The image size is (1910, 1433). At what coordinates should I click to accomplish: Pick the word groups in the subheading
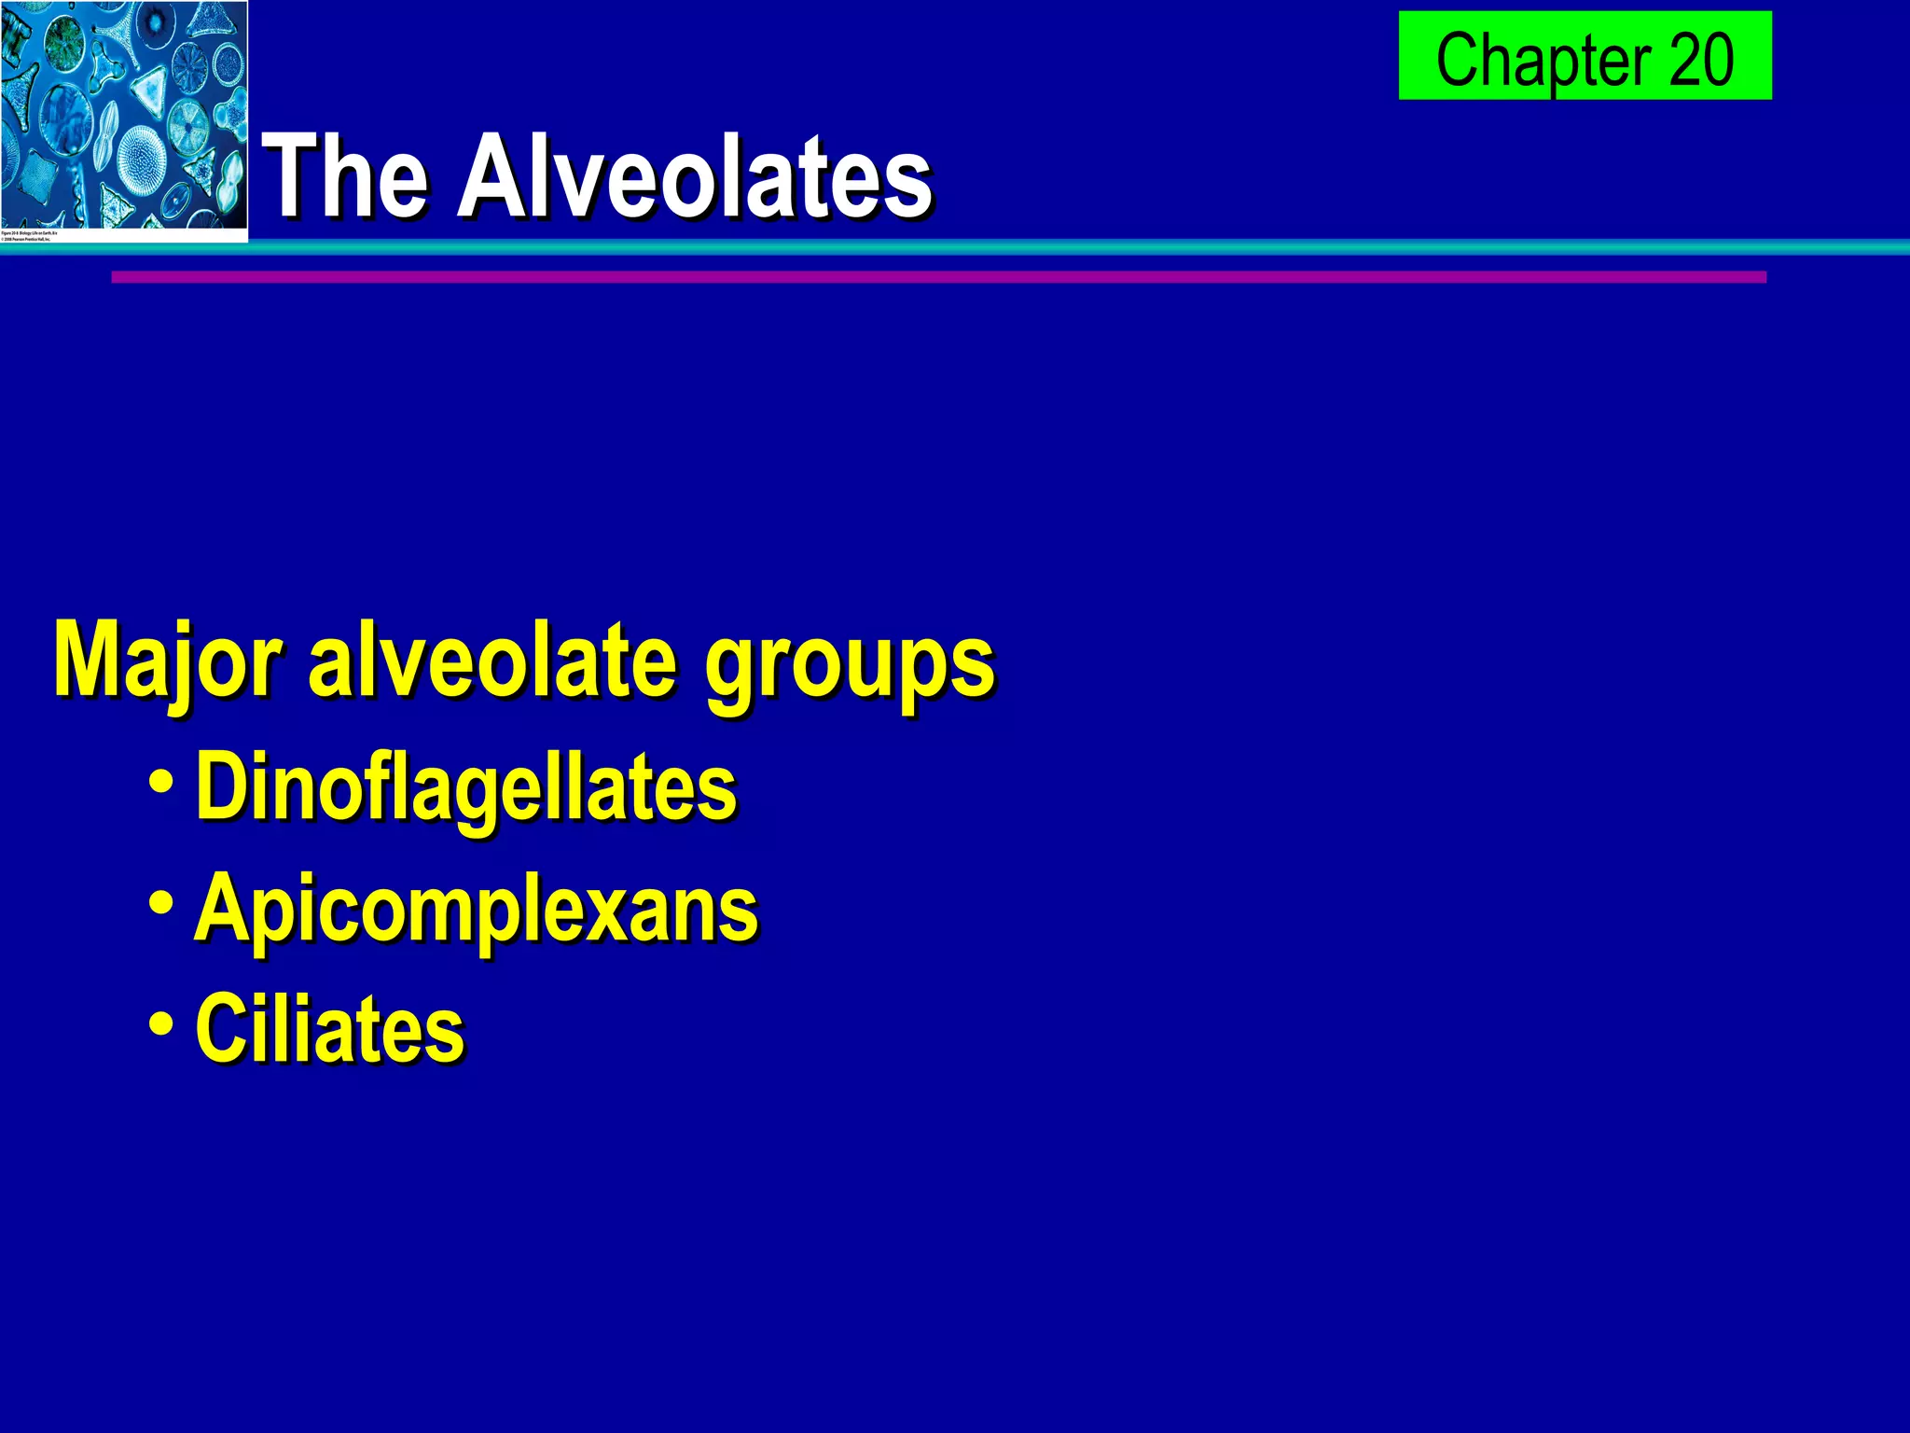[x=849, y=667]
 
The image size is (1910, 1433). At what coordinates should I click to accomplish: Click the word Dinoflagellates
[x=465, y=788]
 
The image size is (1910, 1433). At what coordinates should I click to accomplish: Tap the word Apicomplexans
[x=476, y=910]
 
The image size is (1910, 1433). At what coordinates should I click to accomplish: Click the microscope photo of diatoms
[x=124, y=112]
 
